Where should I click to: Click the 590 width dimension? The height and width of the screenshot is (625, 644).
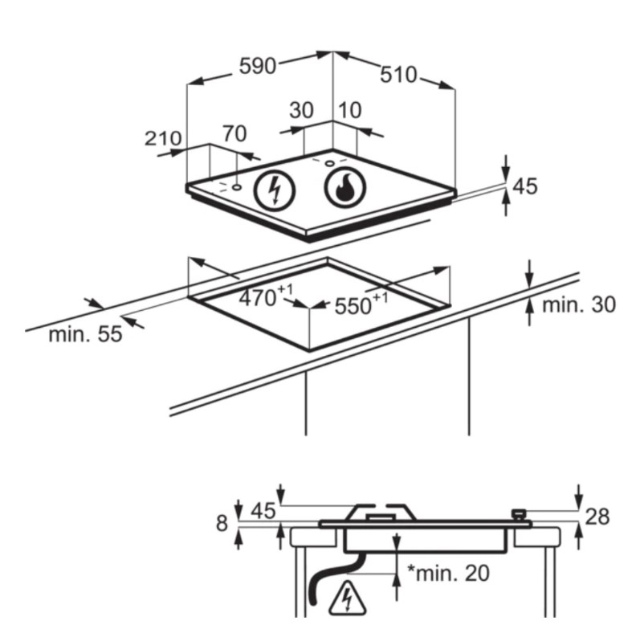click(x=258, y=66)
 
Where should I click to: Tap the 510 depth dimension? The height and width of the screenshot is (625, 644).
click(x=398, y=76)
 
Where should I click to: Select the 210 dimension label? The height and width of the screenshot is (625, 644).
click(x=163, y=138)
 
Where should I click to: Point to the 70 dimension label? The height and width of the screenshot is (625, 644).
click(x=235, y=134)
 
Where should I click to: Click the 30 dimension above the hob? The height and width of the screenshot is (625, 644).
click(x=301, y=111)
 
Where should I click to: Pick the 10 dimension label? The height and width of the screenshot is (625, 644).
click(x=350, y=110)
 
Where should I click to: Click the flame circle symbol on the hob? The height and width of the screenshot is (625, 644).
click(x=345, y=188)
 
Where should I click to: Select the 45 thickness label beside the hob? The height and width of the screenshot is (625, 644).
click(x=525, y=186)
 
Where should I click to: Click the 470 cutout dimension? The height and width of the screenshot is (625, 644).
click(x=266, y=296)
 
